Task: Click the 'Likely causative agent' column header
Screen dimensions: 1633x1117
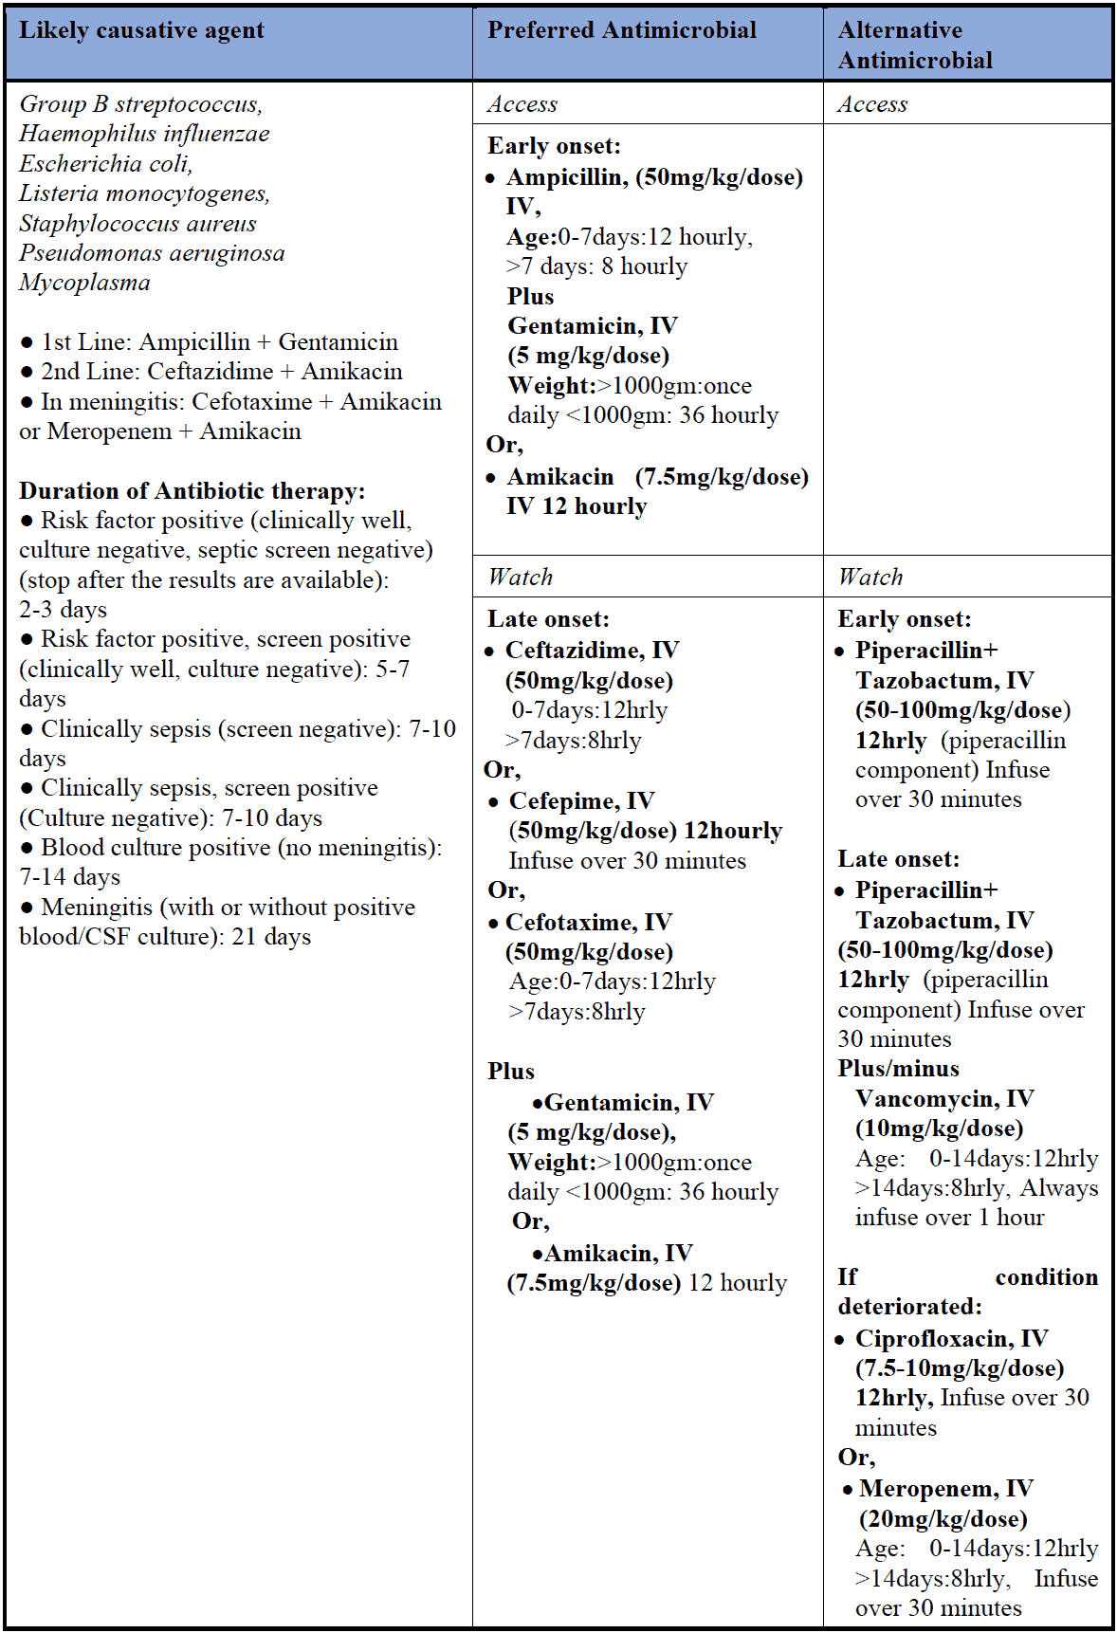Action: [141, 30]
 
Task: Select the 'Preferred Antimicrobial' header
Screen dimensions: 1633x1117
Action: [621, 30]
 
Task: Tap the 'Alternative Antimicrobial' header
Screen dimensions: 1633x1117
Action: [914, 45]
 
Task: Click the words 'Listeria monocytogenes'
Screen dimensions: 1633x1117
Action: [144, 193]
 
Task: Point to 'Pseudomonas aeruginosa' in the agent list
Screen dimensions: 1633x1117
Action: [152, 253]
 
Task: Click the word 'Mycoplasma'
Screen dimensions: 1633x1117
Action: [84, 283]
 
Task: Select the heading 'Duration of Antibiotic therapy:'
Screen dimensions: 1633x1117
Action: [192, 490]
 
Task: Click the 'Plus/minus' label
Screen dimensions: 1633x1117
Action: [898, 1069]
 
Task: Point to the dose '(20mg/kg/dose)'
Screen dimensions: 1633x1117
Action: [943, 1519]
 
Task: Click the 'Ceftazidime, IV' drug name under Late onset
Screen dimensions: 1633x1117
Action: [592, 651]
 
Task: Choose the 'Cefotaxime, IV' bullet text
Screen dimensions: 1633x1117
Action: [588, 922]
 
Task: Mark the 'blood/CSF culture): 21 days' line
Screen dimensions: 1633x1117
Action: [165, 937]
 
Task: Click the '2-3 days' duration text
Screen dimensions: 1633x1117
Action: [63, 610]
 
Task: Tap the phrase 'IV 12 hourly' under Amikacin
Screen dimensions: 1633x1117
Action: [577, 506]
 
